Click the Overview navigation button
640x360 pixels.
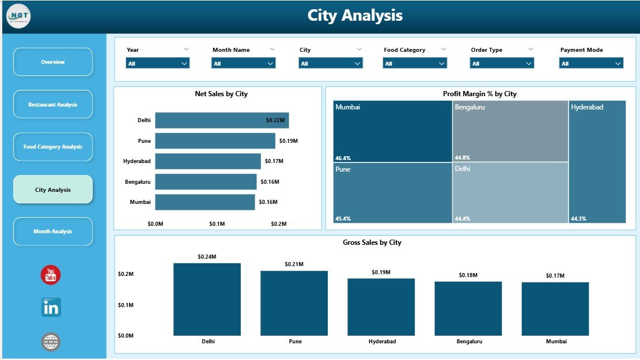(52, 62)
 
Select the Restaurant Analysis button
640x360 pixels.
(52, 105)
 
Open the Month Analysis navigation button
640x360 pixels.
(52, 232)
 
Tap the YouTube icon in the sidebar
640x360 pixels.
(51, 275)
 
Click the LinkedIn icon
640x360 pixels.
(51, 308)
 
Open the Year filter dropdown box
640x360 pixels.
(157, 63)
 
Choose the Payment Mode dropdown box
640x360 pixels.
(591, 63)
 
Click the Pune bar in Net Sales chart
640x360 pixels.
(215, 141)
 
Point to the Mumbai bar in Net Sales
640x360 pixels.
(205, 202)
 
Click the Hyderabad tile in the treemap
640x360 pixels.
(597, 161)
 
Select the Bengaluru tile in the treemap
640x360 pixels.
(510, 131)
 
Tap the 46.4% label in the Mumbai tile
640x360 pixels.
(343, 157)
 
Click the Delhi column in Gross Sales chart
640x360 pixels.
(207, 300)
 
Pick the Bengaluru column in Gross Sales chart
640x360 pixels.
(468, 309)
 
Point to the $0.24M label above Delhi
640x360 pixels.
(207, 256)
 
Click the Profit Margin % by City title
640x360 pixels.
(479, 94)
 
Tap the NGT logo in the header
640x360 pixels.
(18, 16)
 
